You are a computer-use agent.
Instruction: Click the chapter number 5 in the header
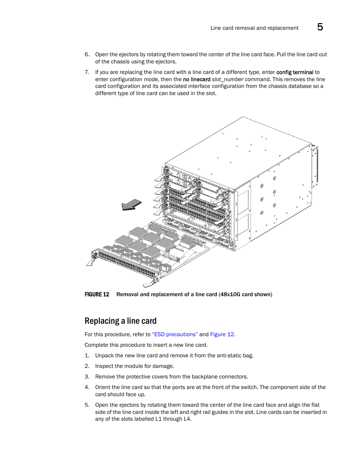(320, 27)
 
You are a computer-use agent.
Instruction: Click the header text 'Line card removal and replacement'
(254, 28)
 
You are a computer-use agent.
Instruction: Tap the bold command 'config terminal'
(295, 72)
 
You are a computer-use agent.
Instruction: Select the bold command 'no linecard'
(197, 79)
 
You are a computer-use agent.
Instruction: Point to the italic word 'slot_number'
(228, 79)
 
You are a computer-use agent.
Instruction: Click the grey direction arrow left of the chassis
(131, 205)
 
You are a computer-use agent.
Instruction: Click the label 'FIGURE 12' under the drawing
(97, 294)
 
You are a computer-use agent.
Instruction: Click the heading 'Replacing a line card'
(120, 321)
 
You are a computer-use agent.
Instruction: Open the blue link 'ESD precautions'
(175, 334)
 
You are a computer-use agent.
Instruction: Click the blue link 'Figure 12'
(222, 334)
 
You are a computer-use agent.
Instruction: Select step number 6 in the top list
(87, 54)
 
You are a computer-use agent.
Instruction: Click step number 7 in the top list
(87, 72)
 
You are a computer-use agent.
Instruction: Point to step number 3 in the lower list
(87, 377)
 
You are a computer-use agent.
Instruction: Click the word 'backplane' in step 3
(203, 377)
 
